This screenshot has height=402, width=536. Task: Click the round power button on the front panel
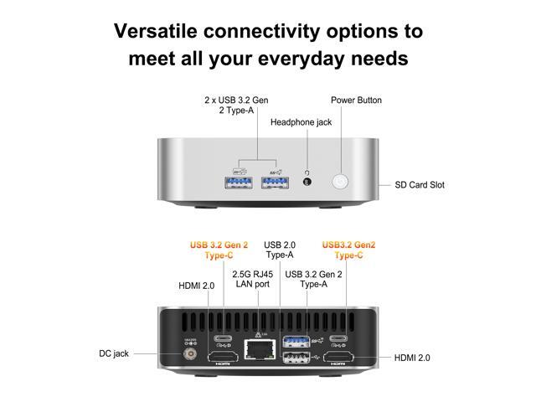tap(340, 182)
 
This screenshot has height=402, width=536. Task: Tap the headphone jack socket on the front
tap(307, 182)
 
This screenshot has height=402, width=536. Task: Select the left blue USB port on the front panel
tap(239, 183)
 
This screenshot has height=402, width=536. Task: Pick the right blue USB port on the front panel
tap(275, 183)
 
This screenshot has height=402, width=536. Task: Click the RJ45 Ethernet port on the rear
tap(260, 349)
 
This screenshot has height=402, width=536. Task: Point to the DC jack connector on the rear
tap(190, 353)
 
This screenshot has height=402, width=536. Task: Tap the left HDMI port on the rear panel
tap(224, 358)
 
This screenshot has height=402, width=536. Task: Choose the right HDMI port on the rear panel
tap(338, 358)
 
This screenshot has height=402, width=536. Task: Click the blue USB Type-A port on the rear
tap(296, 341)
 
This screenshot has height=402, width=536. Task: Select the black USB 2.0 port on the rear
tap(296, 358)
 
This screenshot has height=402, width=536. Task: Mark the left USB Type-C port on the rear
tap(223, 338)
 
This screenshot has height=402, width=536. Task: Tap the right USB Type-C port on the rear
tap(338, 338)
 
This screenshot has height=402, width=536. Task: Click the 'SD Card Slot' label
tap(420, 185)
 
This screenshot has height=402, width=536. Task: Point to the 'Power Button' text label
tap(356, 100)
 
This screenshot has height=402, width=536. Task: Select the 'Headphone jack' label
tap(301, 122)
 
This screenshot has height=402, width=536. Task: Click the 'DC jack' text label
tap(114, 353)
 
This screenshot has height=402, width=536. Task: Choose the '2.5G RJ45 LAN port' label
tap(253, 279)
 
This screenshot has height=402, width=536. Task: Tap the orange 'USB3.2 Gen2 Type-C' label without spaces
tap(348, 250)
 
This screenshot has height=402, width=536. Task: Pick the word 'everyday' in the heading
tap(301, 59)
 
